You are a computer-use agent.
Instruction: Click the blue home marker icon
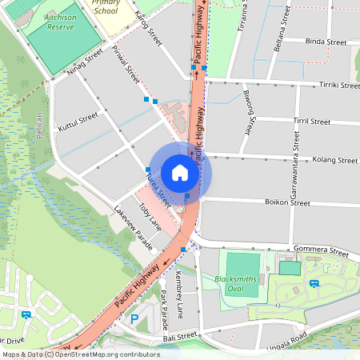point(180,173)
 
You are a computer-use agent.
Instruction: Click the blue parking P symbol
point(134,319)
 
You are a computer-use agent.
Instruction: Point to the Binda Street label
point(325,41)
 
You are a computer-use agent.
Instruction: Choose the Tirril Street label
point(312,122)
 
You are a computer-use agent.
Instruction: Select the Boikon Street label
point(287,203)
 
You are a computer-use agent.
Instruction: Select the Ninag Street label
point(86,64)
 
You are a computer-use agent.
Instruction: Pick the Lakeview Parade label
point(132,227)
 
